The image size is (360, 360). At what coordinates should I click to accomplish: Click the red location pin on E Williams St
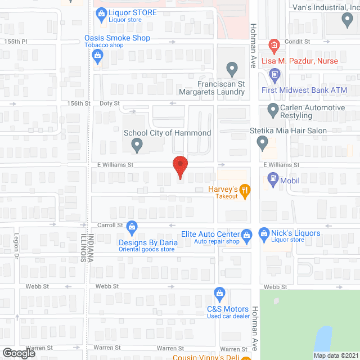pyautogui.click(x=179, y=165)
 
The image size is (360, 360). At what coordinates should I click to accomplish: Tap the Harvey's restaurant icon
pyautogui.click(x=245, y=190)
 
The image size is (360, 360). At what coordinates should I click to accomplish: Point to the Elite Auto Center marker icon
pyautogui.click(x=246, y=234)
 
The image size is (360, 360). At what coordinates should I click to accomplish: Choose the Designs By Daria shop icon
pyautogui.click(x=132, y=228)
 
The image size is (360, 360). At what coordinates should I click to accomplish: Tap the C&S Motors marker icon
pyautogui.click(x=220, y=293)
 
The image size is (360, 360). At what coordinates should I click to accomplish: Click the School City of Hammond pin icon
pyautogui.click(x=137, y=146)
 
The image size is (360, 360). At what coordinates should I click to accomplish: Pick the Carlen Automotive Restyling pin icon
pyautogui.click(x=273, y=110)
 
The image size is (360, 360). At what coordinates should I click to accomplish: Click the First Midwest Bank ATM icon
pyautogui.click(x=274, y=74)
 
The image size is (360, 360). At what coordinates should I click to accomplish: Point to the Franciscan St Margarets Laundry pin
pyautogui.click(x=231, y=70)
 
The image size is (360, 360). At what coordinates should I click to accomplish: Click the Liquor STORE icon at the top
pyautogui.click(x=102, y=12)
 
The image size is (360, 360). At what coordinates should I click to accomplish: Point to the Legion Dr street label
pyautogui.click(x=17, y=245)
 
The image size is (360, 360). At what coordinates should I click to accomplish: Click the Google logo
pyautogui.click(x=18, y=353)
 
